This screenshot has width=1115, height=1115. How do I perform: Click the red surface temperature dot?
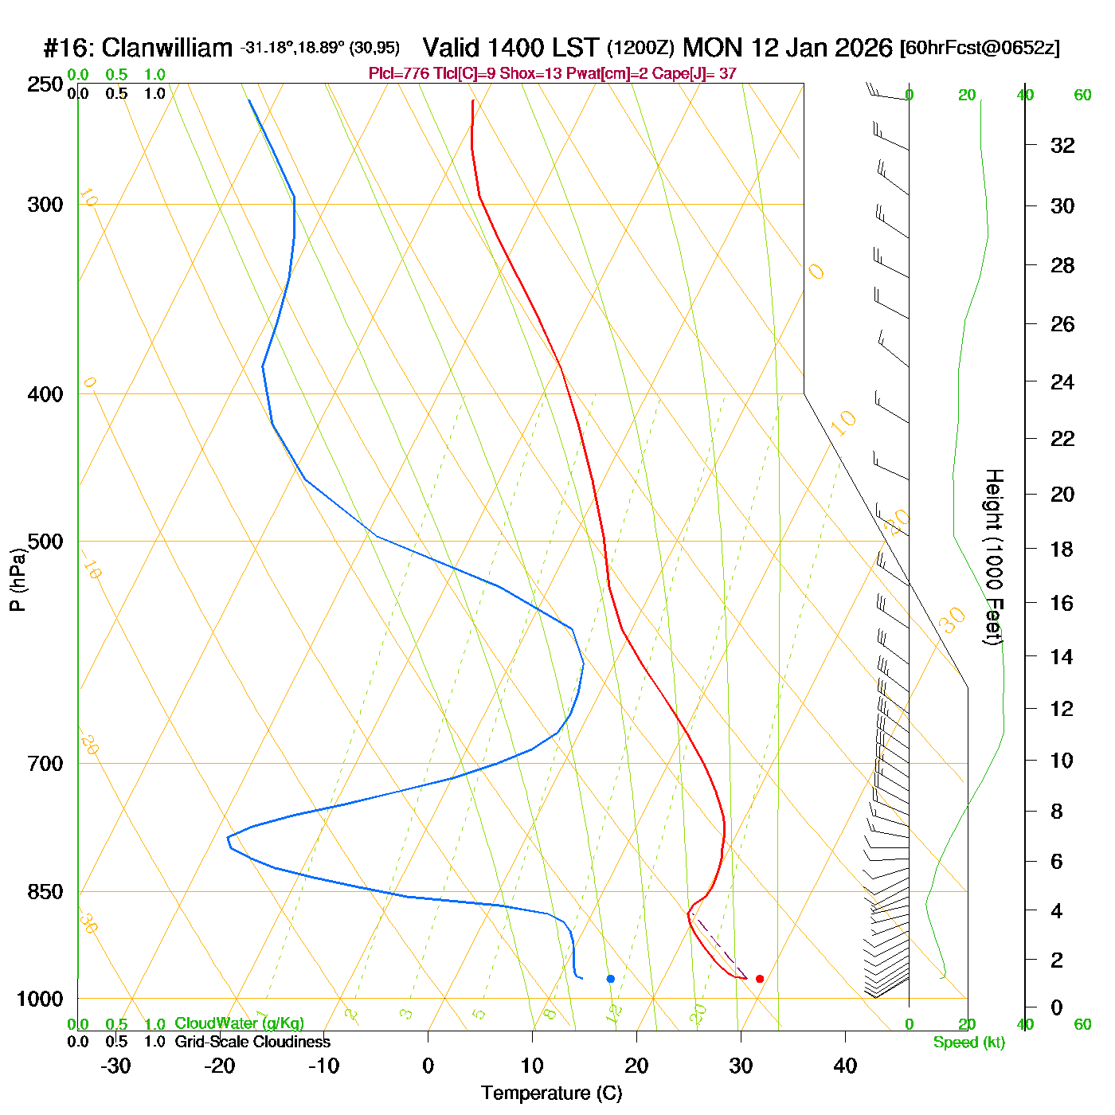(759, 979)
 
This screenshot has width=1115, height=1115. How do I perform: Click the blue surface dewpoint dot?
(610, 979)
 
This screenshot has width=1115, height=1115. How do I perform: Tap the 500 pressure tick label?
(45, 542)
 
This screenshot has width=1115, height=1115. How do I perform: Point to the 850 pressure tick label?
(45, 892)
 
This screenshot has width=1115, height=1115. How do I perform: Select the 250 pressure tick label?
(45, 84)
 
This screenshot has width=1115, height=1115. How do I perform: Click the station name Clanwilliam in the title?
(167, 48)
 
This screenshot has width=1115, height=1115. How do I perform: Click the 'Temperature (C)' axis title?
(551, 1093)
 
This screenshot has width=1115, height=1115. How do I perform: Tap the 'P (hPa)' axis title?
(18, 579)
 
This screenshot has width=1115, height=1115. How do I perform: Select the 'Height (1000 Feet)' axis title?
(994, 557)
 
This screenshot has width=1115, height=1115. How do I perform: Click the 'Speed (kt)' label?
(968, 1043)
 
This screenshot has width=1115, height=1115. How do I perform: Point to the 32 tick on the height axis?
(1062, 145)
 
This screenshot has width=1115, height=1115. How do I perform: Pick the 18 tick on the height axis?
(1062, 549)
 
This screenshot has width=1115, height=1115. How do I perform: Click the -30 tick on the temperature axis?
(115, 1066)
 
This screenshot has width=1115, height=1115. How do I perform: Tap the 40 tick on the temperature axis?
(845, 1066)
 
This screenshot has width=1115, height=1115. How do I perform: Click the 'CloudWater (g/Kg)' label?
(239, 1023)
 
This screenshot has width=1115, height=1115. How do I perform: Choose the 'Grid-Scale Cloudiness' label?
(252, 1042)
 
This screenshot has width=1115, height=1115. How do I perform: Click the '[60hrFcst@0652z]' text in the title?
(980, 48)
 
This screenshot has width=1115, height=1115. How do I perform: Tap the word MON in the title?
(714, 48)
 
